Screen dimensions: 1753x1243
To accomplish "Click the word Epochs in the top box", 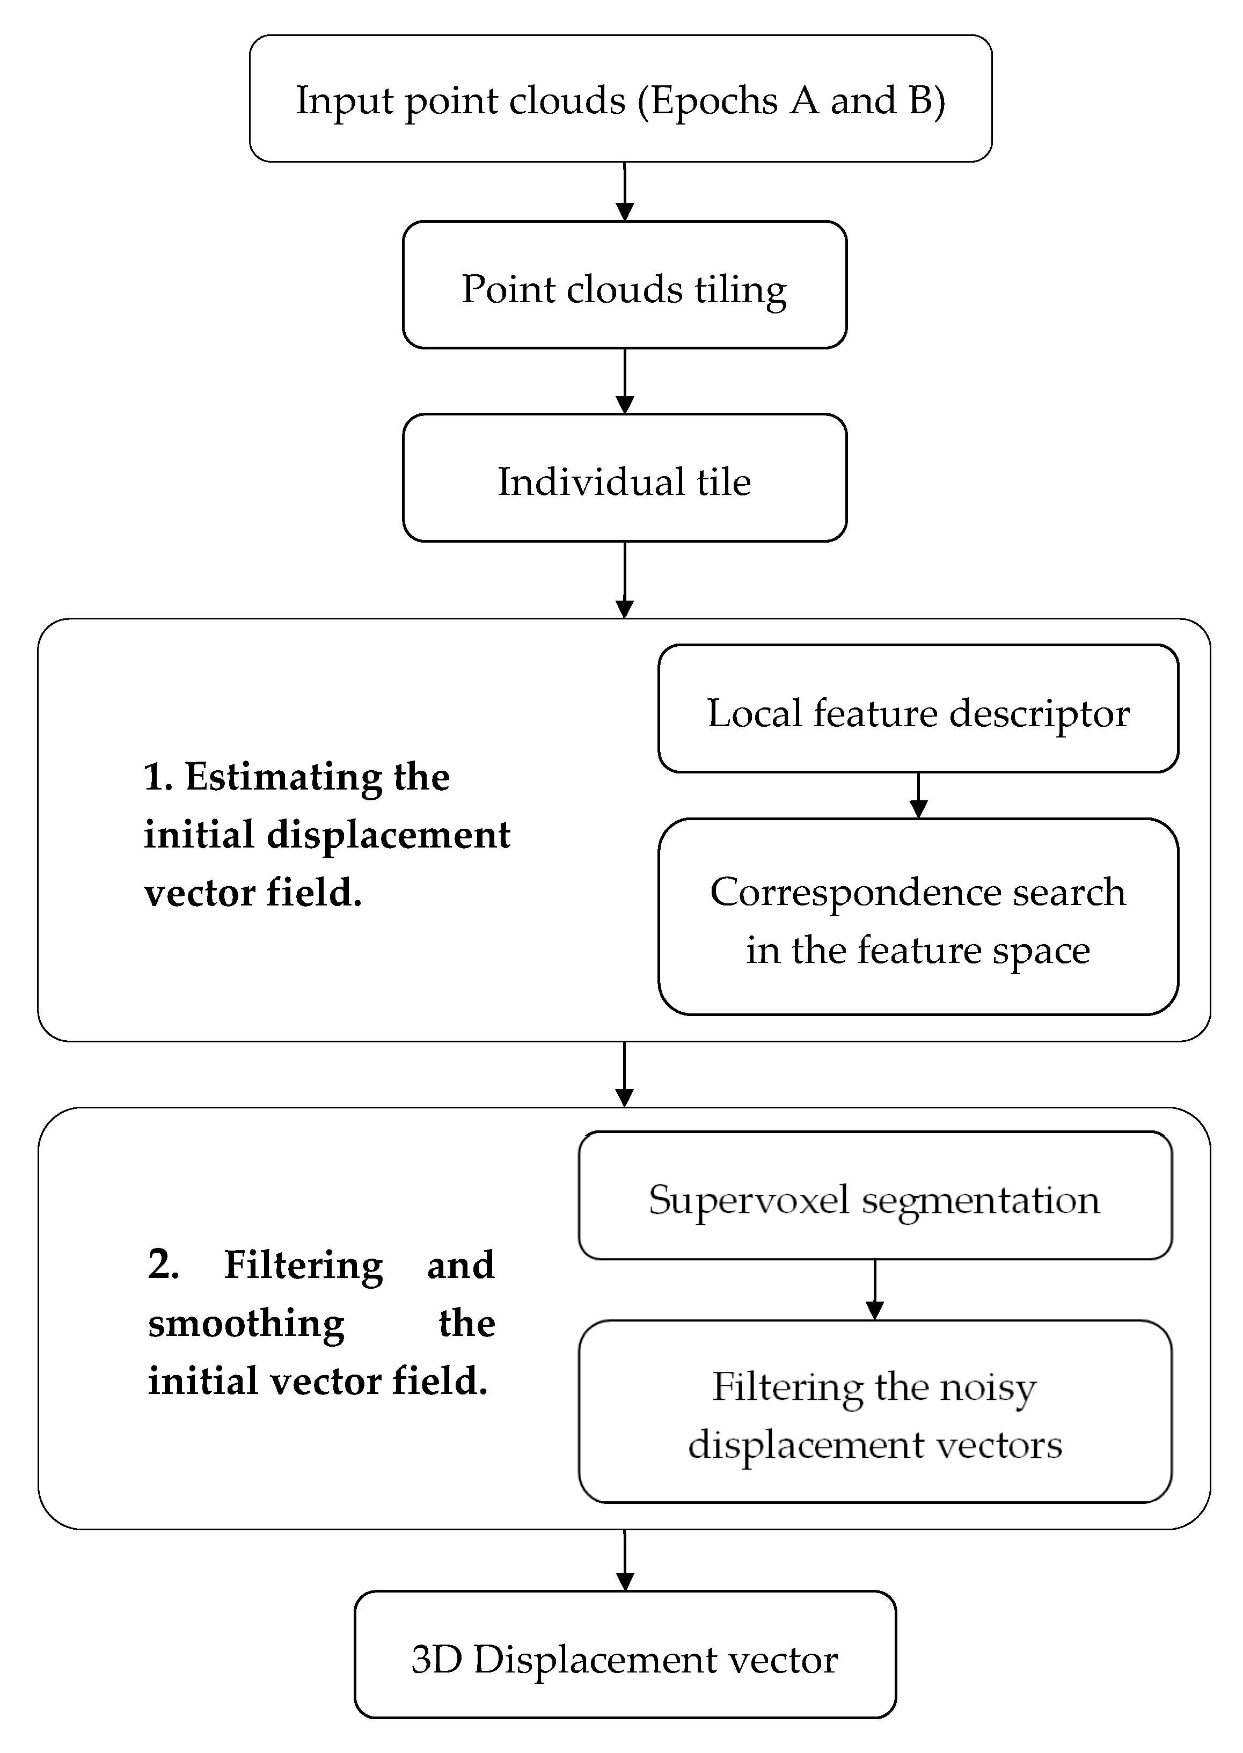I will click(714, 101).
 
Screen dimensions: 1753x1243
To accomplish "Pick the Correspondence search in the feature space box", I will click(918, 917).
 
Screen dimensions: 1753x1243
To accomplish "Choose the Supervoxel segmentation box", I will click(874, 1198).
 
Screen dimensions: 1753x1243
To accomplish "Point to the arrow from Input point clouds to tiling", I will click(625, 192).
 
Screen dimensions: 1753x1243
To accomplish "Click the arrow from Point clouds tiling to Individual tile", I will click(625, 381).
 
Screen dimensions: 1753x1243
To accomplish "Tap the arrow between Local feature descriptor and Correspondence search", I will click(918, 795).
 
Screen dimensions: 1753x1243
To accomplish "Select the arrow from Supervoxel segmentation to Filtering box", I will click(874, 1290).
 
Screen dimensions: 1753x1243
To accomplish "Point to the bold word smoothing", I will click(246, 1324).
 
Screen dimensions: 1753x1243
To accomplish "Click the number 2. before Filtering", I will click(163, 1265).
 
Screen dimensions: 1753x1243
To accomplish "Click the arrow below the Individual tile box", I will click(625, 580).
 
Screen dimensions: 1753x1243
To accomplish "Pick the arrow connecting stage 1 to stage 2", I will click(625, 1073).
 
